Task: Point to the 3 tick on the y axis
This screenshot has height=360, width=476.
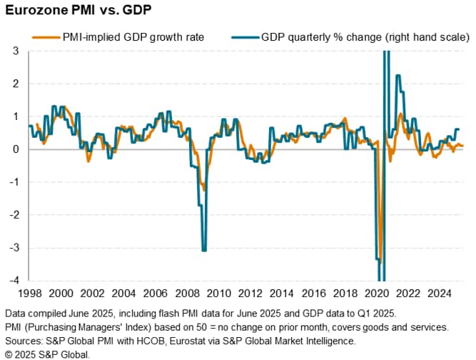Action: (16, 51)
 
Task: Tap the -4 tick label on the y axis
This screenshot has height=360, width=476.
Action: (14, 280)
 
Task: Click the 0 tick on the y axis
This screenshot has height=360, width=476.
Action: (16, 149)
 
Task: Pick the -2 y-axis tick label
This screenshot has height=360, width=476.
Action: (14, 214)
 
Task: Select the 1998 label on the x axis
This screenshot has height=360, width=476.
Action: (28, 293)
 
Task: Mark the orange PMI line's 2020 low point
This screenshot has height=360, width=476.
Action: (380, 260)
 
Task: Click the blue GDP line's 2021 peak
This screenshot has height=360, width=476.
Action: (397, 76)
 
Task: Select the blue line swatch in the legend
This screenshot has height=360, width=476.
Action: (243, 36)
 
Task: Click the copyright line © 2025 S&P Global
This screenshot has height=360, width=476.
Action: (47, 354)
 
